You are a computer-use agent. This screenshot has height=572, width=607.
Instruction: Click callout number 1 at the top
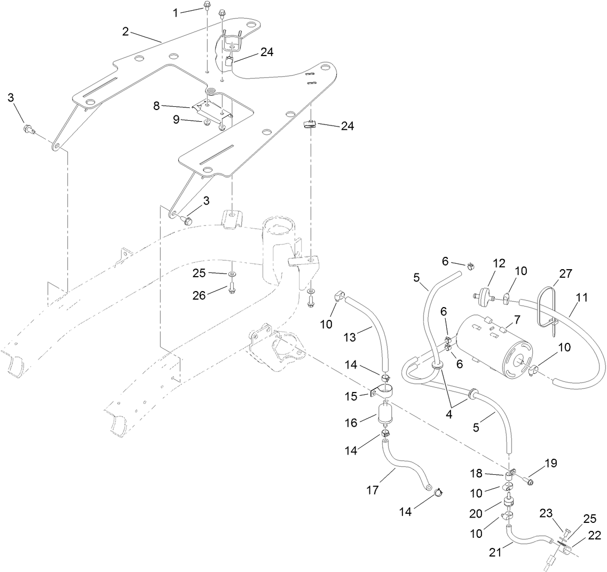[x=176, y=13]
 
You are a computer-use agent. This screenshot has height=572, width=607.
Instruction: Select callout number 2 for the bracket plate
[x=125, y=32]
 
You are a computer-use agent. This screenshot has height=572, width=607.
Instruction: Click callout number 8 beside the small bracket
[x=156, y=106]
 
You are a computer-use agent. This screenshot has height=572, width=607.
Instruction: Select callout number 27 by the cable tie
[x=565, y=274]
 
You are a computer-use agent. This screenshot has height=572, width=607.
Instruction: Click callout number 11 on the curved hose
[x=581, y=298]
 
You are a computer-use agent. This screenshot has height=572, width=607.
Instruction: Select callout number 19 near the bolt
[x=550, y=463]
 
